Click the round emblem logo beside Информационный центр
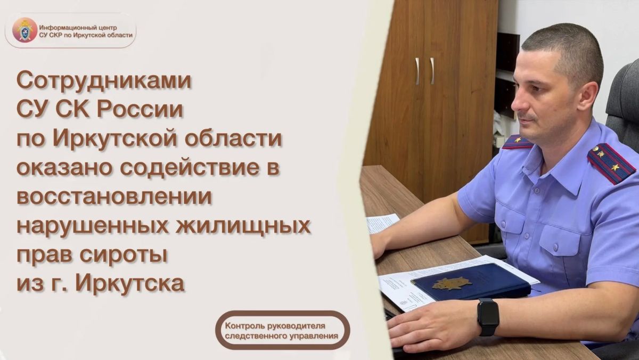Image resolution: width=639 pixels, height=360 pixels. click(x=25, y=30)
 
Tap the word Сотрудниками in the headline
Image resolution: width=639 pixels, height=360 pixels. click(x=104, y=81)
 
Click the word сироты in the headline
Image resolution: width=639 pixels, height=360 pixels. click(x=123, y=256)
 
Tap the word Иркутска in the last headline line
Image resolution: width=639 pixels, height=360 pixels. click(x=130, y=283)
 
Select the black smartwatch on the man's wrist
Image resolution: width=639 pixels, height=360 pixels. click(x=488, y=317)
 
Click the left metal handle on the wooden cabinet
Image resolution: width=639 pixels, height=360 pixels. click(x=417, y=71)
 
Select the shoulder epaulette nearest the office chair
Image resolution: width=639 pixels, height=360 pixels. click(x=611, y=162)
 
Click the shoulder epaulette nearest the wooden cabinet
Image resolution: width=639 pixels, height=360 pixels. click(x=518, y=142)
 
